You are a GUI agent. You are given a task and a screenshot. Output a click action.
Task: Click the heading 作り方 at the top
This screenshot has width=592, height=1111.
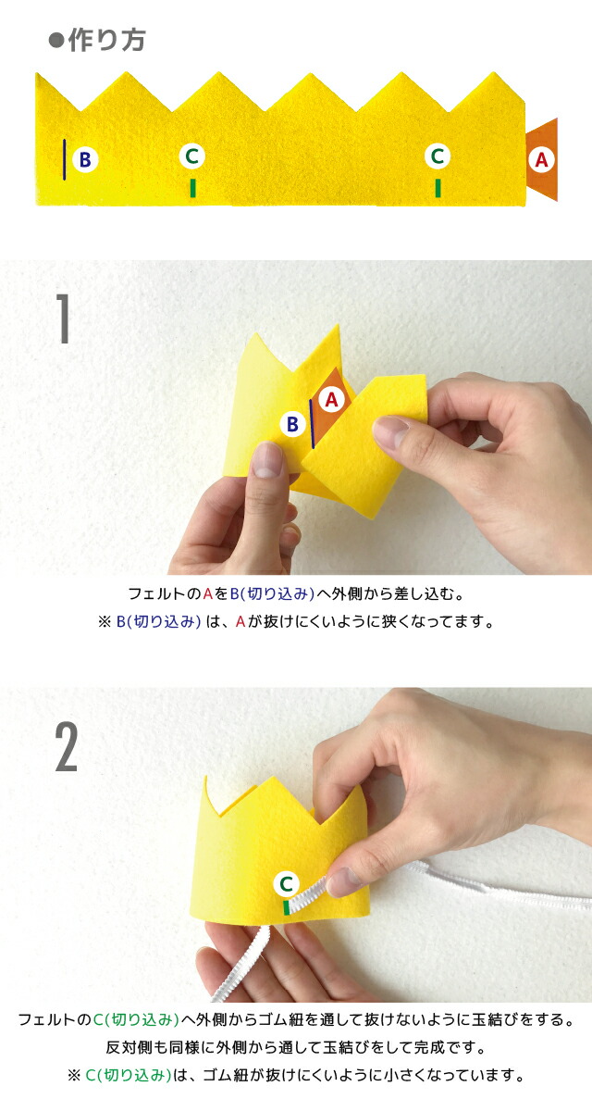click(96, 41)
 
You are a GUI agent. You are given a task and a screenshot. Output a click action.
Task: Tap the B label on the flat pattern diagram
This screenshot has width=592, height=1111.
click(84, 160)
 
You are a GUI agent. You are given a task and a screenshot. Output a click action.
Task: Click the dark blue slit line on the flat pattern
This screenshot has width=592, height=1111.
click(65, 159)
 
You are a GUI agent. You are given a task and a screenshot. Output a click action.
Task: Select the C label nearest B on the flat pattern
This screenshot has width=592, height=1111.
click(191, 156)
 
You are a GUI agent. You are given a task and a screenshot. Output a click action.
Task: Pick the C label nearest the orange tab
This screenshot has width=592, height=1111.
click(438, 156)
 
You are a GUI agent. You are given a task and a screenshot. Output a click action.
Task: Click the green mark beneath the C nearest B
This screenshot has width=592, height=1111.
click(192, 188)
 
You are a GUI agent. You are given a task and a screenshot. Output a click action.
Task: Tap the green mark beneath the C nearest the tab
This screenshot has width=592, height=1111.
click(438, 188)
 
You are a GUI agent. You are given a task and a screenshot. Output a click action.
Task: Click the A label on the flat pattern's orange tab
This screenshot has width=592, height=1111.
click(542, 160)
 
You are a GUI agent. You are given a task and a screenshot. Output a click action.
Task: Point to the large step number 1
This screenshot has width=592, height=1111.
click(63, 318)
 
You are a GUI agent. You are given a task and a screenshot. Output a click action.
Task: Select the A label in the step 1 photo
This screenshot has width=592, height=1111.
click(332, 399)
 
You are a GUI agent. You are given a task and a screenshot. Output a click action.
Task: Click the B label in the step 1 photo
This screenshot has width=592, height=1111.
click(292, 425)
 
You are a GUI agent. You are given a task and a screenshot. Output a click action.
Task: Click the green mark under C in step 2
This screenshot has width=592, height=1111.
click(287, 907)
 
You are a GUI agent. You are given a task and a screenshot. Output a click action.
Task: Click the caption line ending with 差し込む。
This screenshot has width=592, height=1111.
click(295, 593)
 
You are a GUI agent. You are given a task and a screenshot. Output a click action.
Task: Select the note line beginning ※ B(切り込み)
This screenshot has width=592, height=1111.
click(295, 621)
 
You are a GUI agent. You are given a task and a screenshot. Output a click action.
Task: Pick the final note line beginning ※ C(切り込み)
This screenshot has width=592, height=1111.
click(295, 1076)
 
